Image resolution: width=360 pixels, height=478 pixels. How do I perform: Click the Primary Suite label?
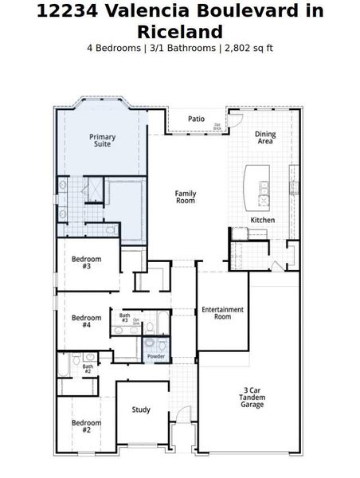pos(101,140)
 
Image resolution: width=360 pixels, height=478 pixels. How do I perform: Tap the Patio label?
pos(196,119)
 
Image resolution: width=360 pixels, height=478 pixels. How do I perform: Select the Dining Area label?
pos(265,137)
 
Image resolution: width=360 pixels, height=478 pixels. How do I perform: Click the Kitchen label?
pos(263,219)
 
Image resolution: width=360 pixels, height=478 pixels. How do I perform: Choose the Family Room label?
pos(186,197)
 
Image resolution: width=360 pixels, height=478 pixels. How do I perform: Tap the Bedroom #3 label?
pos(86,262)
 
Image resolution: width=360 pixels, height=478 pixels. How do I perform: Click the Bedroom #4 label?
pos(86,321)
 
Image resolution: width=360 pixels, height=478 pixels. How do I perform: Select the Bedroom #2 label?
pos(86,426)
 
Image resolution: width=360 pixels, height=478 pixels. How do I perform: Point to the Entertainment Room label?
pos(222,313)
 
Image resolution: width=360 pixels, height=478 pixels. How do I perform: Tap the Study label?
pos(141,409)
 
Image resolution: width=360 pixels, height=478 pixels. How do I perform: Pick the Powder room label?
pos(156,357)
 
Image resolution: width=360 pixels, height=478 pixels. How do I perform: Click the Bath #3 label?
pos(124,317)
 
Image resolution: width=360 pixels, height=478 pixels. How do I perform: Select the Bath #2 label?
pos(88,368)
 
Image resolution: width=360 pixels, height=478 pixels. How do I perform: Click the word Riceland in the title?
pos(179,31)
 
